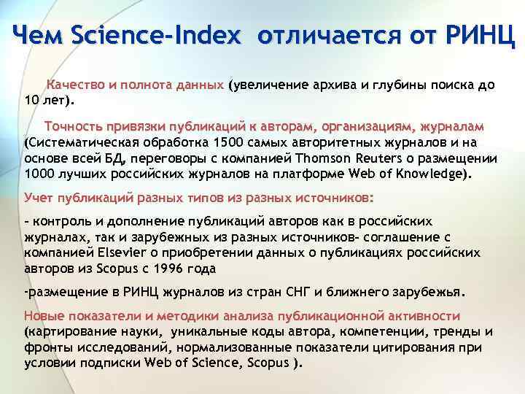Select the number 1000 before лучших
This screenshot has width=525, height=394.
[x=38, y=174]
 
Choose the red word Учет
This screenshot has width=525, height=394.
[x=39, y=198]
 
